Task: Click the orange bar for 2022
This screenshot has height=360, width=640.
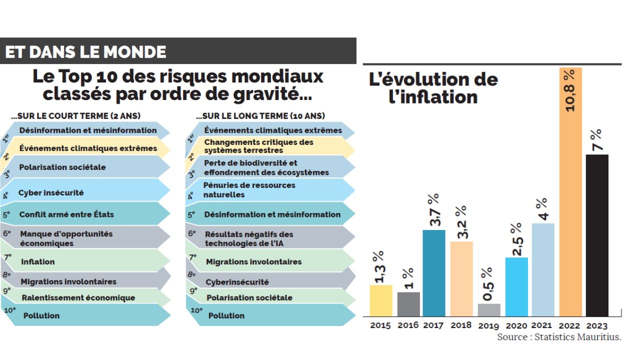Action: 570,200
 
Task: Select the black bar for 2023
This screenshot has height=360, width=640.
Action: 597,235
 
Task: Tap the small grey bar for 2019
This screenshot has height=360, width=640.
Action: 489,310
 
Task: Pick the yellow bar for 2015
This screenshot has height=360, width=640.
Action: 381,300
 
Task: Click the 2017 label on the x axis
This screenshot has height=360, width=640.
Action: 433,325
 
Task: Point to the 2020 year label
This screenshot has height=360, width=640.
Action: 516,325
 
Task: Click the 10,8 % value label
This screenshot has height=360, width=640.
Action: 569,90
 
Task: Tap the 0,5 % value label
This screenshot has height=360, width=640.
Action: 488,284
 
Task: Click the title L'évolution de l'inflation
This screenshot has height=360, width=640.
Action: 433,87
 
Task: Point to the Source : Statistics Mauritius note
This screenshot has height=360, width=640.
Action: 559,337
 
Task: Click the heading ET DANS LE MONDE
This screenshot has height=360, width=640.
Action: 85,52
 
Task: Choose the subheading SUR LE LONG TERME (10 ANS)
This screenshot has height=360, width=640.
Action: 260,116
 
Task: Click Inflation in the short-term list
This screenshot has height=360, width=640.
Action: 38,261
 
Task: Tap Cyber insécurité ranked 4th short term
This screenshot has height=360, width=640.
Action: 51,192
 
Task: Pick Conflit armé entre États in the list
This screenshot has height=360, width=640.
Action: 66,214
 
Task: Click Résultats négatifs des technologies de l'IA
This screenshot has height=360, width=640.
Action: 249,239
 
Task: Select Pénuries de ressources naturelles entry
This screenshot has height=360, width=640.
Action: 249,190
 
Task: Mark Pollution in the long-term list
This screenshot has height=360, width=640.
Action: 226,315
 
